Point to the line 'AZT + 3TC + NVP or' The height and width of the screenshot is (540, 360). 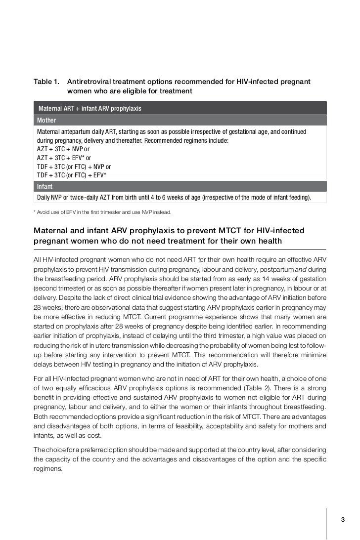[x=63, y=149]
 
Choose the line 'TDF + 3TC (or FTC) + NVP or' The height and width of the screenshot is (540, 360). [x=74, y=166]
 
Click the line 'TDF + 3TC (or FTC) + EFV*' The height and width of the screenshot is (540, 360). [x=72, y=175]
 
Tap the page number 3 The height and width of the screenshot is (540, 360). [x=343, y=520]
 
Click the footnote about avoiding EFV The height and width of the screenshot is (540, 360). [x=102, y=212]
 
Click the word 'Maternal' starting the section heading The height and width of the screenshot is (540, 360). [x=51, y=231]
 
